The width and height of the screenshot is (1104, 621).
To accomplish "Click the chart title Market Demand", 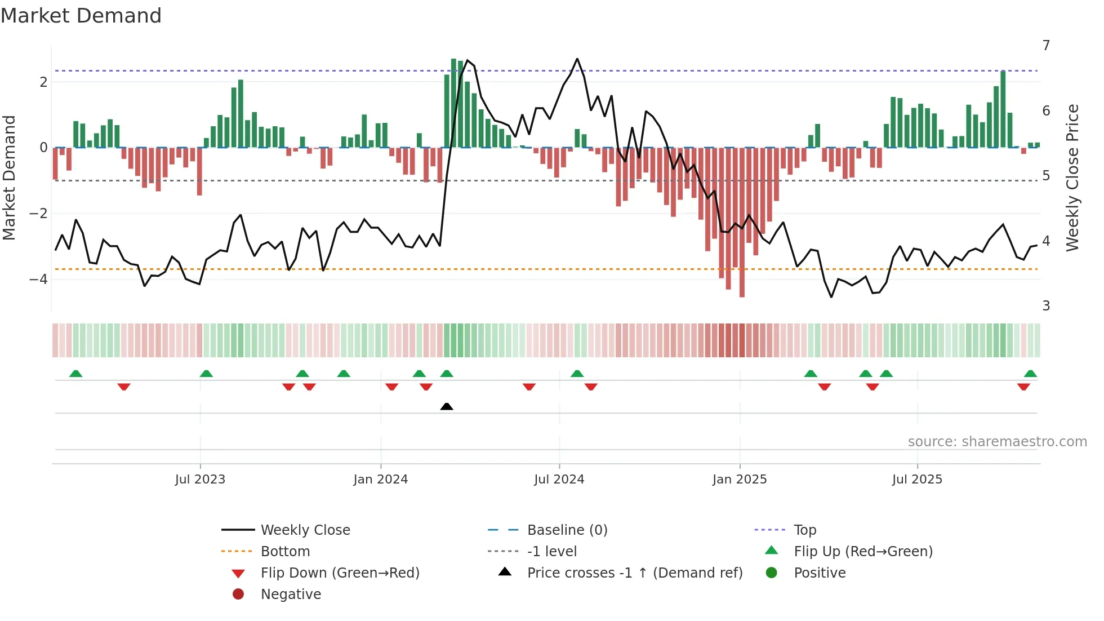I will point(81,16).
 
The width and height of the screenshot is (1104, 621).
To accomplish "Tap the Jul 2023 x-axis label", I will point(200,480).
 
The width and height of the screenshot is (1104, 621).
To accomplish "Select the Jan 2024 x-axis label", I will point(380,480).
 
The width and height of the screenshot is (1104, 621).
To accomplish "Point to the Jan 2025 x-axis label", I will point(739,480).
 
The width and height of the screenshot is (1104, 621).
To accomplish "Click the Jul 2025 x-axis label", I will point(917,480).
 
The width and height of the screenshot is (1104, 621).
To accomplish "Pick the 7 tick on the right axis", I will point(1046,45).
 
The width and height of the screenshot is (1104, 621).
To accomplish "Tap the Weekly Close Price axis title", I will point(1072,178).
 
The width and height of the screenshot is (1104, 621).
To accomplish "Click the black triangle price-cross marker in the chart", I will point(447,406).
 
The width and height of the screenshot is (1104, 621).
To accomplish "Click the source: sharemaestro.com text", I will point(997,442).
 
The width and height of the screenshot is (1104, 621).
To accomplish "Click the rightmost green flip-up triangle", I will point(1030,374).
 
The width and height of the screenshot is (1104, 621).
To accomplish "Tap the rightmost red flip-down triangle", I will point(1023,387).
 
